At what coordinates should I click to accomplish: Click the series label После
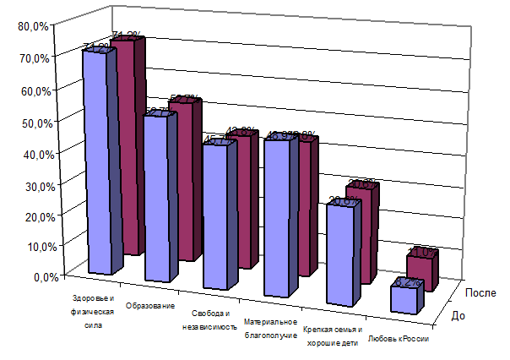point(480,292)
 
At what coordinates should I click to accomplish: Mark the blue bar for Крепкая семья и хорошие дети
point(339,254)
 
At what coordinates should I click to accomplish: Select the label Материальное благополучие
point(270,329)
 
